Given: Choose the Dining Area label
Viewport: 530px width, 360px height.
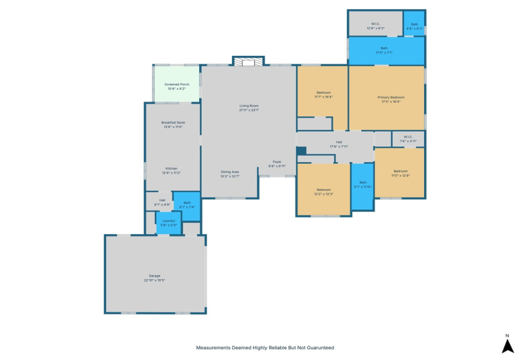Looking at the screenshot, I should click(x=230, y=172).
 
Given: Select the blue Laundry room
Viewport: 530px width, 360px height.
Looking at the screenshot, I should click(x=168, y=222).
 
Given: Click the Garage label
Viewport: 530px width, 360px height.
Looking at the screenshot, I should click(x=154, y=276).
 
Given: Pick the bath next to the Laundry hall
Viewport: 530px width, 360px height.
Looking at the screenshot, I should click(x=187, y=205).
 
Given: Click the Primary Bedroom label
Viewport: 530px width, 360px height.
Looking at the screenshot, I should click(x=387, y=97).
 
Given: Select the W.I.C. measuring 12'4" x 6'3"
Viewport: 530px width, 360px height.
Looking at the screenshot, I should click(x=375, y=24).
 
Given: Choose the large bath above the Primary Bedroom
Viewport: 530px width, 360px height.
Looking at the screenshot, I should click(x=385, y=50).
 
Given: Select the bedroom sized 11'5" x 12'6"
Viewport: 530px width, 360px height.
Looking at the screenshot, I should click(x=399, y=172).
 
